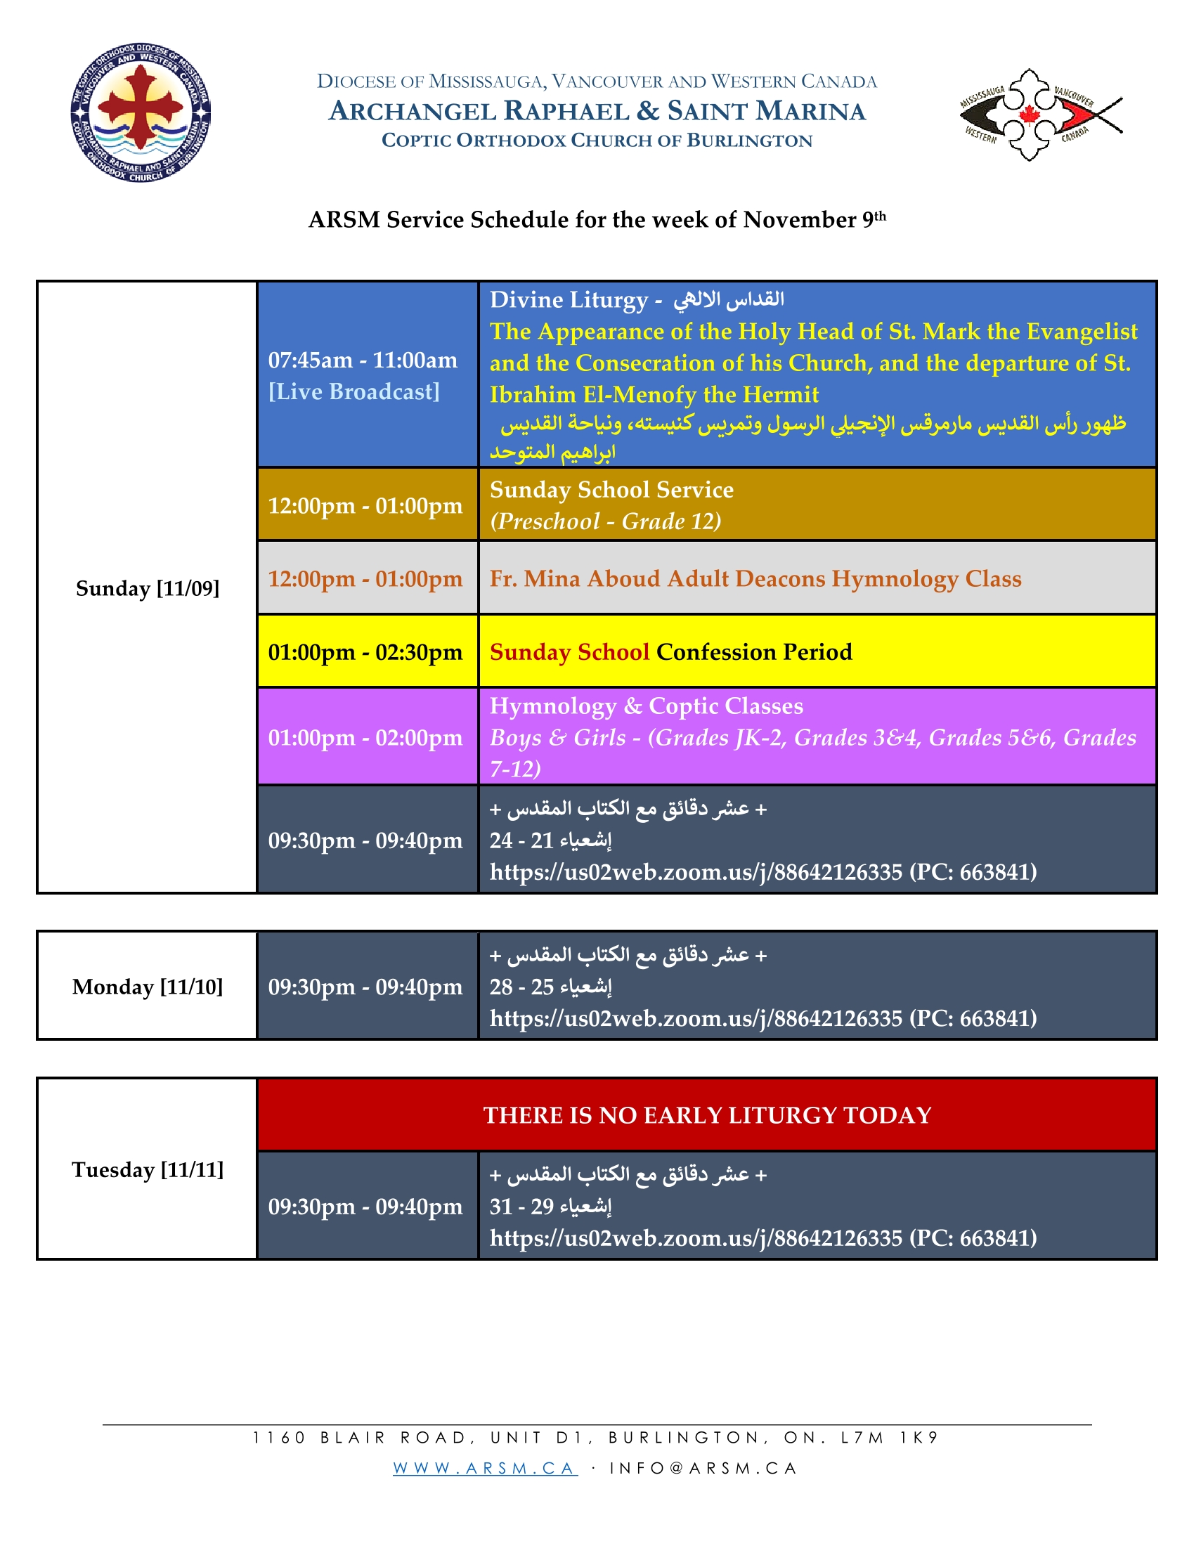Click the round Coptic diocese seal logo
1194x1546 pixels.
(141, 112)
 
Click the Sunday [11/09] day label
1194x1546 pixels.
(147, 588)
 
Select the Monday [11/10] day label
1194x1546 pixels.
(147, 987)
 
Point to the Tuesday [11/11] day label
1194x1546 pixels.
(147, 1169)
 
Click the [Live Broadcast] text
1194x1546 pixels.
(354, 391)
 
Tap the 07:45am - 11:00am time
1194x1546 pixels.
(363, 360)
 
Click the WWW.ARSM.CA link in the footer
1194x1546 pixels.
(485, 1468)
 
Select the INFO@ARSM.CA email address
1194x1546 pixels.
(703, 1468)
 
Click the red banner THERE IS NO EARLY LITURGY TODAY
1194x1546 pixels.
(706, 1115)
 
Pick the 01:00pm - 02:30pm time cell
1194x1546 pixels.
(365, 652)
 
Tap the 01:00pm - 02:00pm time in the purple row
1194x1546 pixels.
(365, 738)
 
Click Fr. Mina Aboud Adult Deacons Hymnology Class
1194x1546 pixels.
(755, 578)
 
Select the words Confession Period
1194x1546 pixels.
(754, 652)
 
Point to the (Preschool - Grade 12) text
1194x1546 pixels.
(605, 521)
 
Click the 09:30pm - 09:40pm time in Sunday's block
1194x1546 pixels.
(365, 840)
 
